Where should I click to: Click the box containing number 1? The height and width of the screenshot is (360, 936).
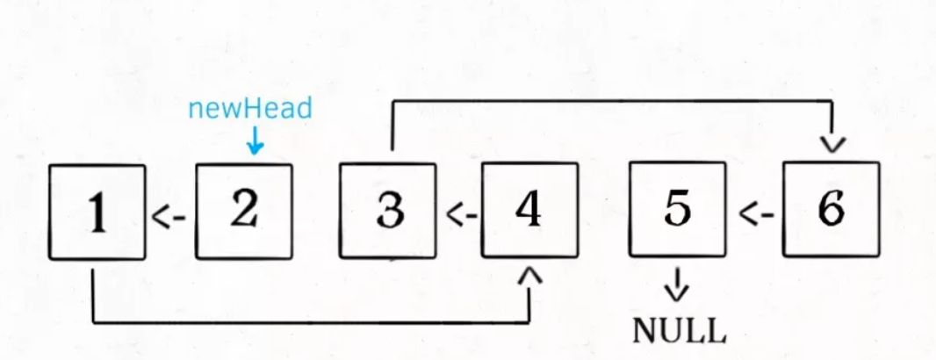(x=97, y=212)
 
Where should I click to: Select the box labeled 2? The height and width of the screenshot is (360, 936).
(x=244, y=212)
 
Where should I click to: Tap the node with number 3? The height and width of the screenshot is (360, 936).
(x=388, y=211)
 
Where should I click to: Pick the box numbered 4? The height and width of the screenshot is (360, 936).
(x=530, y=210)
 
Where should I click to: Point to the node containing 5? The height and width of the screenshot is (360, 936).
(x=678, y=210)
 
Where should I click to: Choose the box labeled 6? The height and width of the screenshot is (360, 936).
(x=831, y=210)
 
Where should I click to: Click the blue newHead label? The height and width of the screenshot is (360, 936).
(x=250, y=109)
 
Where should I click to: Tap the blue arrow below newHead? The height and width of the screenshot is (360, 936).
(x=255, y=140)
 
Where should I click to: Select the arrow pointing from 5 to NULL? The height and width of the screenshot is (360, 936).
(x=678, y=284)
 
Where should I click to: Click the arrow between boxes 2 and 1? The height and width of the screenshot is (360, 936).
(x=170, y=217)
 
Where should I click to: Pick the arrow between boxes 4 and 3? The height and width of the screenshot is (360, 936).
(x=462, y=215)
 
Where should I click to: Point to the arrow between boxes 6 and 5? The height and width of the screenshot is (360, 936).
(x=757, y=213)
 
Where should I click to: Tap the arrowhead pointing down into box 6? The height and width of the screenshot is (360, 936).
(x=832, y=145)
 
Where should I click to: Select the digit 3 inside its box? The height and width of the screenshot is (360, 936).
(x=390, y=211)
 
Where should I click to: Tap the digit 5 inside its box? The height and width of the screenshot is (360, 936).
(x=677, y=210)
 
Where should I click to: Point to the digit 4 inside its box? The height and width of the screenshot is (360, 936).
(x=528, y=209)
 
